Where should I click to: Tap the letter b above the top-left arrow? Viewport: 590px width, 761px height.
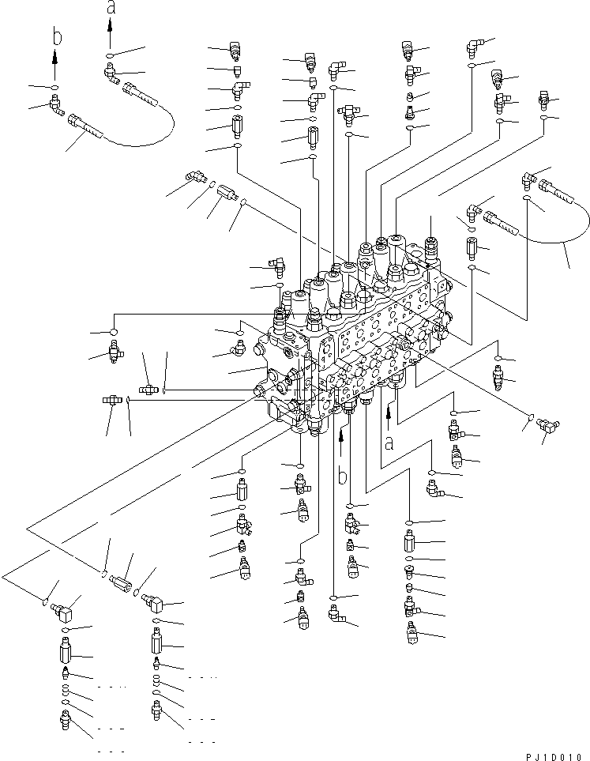coord(54,36)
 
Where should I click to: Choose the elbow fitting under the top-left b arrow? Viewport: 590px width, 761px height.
coord(56,104)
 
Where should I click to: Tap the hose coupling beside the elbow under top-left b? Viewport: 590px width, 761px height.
coord(85,126)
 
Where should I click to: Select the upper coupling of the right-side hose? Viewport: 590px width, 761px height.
coord(552,190)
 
